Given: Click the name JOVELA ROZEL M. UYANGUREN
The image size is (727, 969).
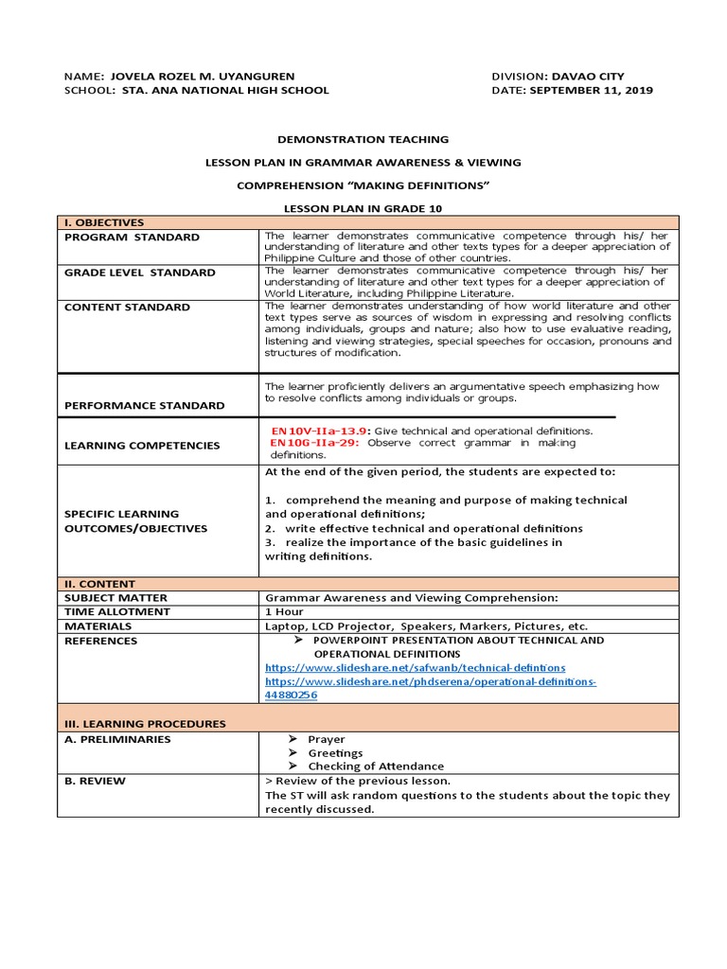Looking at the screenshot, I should [x=203, y=77].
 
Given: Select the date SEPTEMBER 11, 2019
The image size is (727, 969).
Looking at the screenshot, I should [x=591, y=91].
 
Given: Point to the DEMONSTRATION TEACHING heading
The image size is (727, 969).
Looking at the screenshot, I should [x=363, y=139].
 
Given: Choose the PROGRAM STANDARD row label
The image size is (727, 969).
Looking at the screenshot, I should [x=132, y=237].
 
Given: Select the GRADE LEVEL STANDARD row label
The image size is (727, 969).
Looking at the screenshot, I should [x=139, y=273].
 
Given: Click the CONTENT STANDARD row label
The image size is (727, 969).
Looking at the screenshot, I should [x=127, y=307].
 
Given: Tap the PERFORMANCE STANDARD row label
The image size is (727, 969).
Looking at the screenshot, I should [x=144, y=405].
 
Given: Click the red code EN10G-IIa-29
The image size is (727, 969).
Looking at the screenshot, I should [x=314, y=442].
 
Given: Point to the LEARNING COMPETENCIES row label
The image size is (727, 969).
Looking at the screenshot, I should [x=141, y=445].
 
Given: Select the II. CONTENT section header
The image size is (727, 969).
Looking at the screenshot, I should [x=99, y=584].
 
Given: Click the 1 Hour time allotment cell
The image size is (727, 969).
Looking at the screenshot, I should [x=284, y=611].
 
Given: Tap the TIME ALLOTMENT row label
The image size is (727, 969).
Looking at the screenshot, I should [x=117, y=611].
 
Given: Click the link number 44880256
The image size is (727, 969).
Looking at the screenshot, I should [x=291, y=695].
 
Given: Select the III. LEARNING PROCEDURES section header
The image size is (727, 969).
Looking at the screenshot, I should [x=145, y=724].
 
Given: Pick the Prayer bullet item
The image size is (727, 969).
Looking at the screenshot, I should [x=327, y=739].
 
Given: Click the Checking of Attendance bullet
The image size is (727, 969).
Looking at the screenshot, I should [x=376, y=766].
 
